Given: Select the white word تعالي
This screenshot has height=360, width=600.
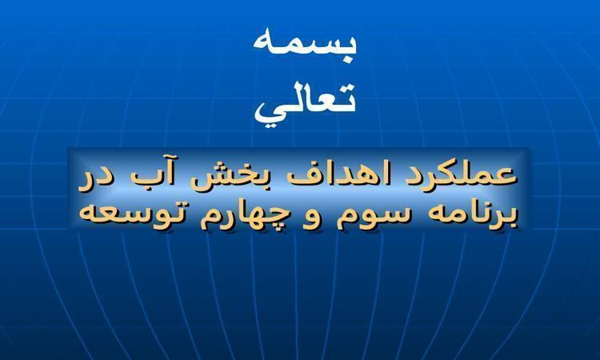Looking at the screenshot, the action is click(306, 103).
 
